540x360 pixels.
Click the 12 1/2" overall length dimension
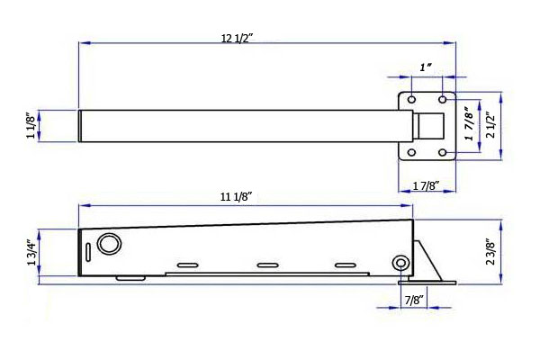pos(237,38)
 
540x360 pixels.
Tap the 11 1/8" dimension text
pos(236,197)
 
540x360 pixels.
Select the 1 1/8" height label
pos(31,125)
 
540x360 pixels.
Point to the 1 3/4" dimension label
pos(31,253)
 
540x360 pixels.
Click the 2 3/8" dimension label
pos(490,252)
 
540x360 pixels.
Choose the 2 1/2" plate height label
pos(490,125)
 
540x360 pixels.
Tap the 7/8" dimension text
pos(414,301)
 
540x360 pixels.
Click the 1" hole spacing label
pos(426,67)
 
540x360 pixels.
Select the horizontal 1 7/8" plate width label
pos(426,186)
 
